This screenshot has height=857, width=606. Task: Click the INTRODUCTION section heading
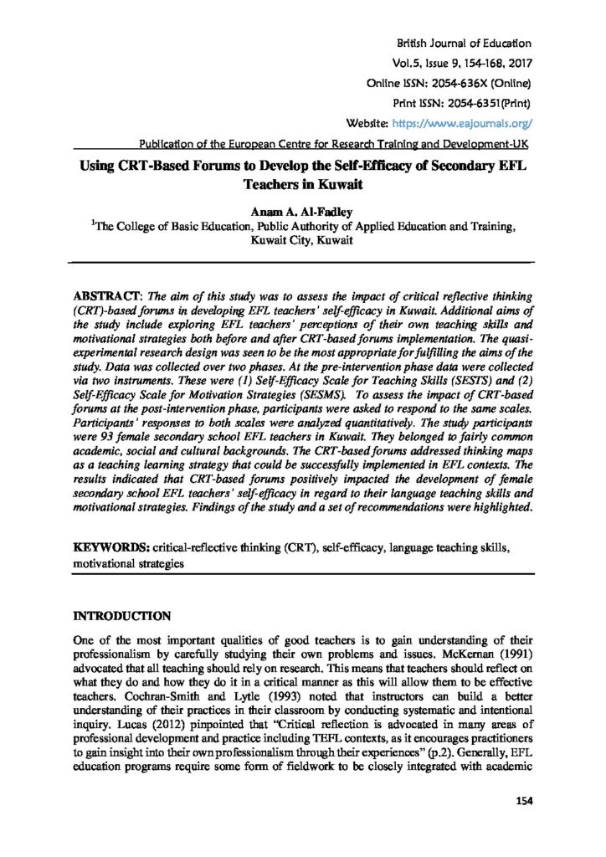[x=123, y=617]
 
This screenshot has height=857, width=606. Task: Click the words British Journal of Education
[x=464, y=43]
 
